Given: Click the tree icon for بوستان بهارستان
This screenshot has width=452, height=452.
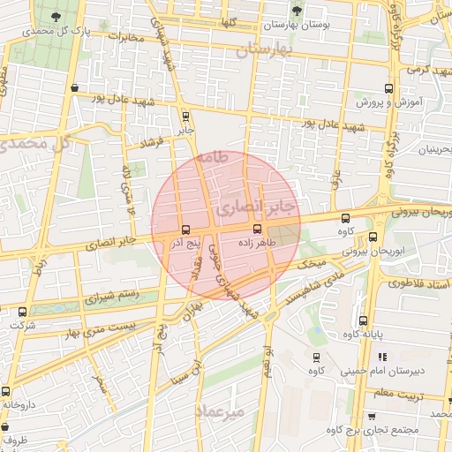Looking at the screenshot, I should [297, 11].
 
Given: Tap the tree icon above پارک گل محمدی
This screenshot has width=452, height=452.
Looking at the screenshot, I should [57, 16].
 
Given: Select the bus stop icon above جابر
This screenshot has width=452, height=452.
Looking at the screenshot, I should [185, 116].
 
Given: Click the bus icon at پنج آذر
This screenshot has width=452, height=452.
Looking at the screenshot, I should [184, 229].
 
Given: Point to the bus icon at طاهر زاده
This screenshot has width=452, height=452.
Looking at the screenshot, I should [257, 229].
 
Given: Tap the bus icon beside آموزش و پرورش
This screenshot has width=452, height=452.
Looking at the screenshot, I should [388, 88].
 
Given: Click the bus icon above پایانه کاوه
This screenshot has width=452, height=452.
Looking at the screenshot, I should [363, 320].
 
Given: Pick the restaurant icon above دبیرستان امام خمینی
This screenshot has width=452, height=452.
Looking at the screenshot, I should [381, 357].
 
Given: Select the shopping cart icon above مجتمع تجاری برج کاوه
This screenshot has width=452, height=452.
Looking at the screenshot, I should [371, 416].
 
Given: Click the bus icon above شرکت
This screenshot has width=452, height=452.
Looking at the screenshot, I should [23, 311].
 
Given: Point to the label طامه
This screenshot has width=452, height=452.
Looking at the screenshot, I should [213, 157].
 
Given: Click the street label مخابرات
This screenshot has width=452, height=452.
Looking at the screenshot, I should [124, 38].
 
